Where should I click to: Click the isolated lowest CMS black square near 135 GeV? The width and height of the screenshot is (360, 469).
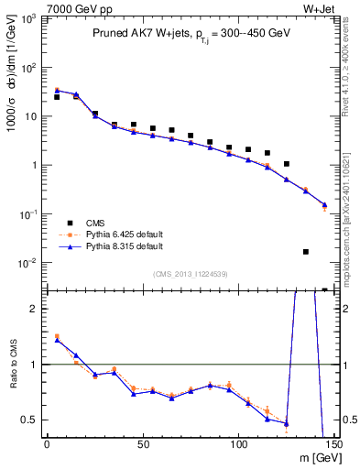coord(306,251)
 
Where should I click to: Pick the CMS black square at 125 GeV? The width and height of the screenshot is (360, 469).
coord(287,164)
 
